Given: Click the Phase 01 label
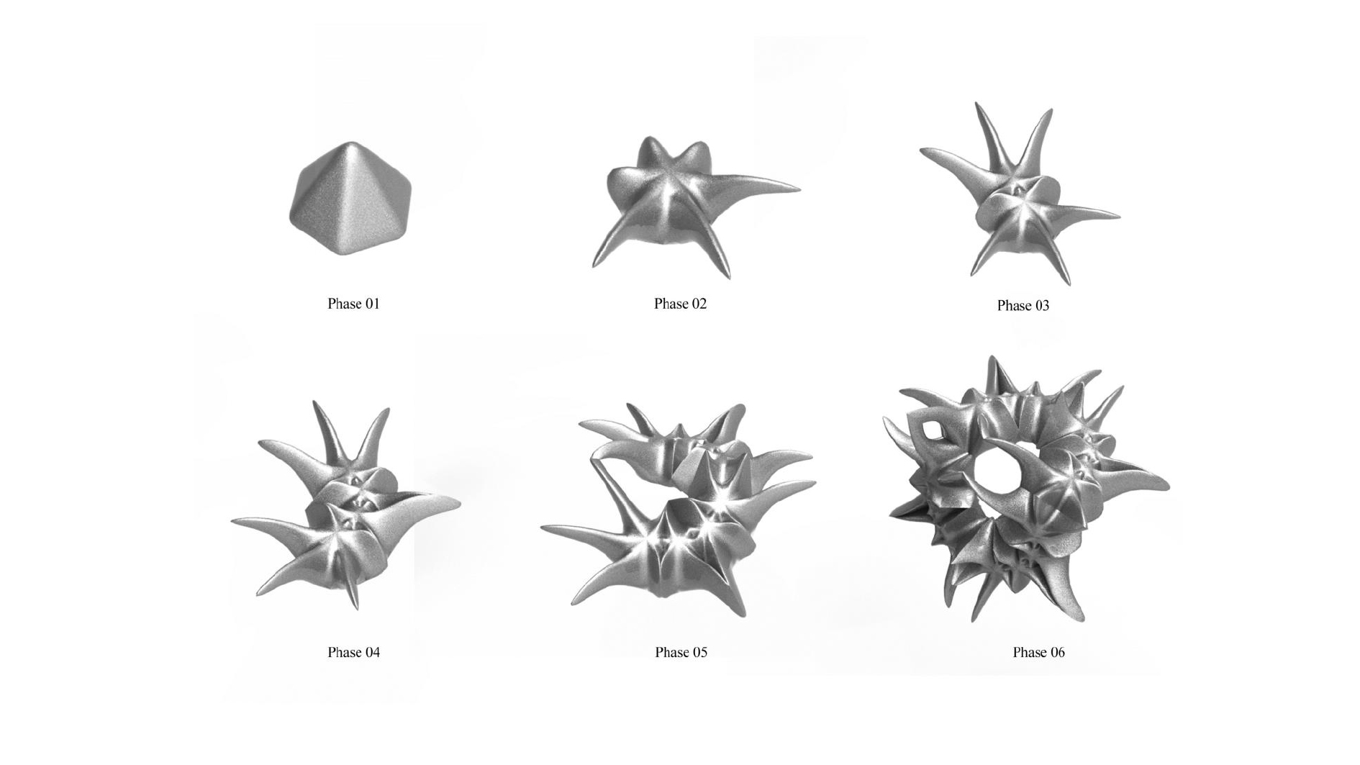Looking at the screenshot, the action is (353, 304).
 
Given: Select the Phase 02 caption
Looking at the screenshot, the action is (680, 304).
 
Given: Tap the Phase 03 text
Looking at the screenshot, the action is (1023, 306).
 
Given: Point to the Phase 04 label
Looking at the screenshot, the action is (353, 652).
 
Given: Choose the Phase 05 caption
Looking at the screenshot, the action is (681, 652).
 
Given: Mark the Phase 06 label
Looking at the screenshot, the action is (1038, 652).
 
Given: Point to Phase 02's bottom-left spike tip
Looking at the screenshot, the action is (594, 266).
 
